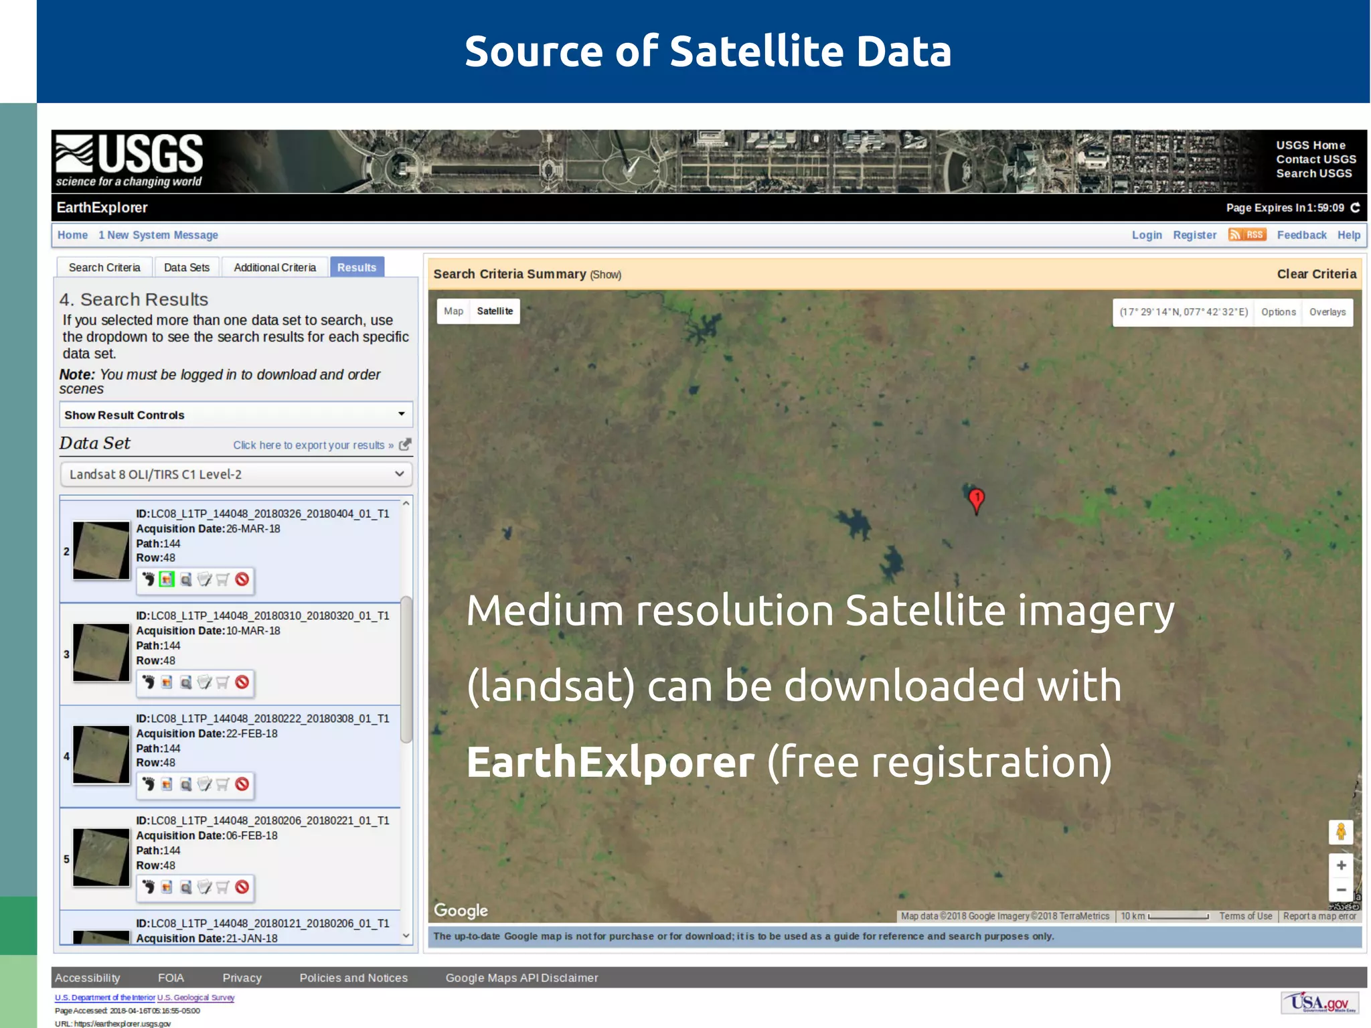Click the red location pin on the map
[977, 499]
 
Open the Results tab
[357, 267]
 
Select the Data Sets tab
[187, 267]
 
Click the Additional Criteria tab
[274, 267]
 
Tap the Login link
[1147, 235]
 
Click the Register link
[1194, 235]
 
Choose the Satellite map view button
[495, 311]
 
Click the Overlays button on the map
[1327, 312]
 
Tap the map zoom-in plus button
[1341, 865]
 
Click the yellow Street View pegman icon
[1341, 832]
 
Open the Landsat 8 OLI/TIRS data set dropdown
[236, 474]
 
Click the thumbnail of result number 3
[101, 652]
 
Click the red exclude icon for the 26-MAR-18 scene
[242, 579]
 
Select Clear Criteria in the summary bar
[1316, 274]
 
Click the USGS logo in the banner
[129, 160]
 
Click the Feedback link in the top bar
[1301, 235]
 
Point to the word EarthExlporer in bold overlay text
[610, 762]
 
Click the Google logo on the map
[461, 911]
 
